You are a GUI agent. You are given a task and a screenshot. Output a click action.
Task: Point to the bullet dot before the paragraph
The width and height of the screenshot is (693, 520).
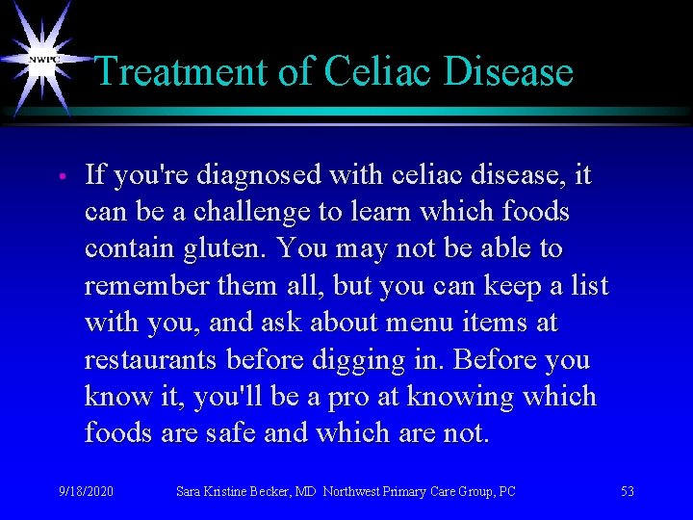(x=60, y=177)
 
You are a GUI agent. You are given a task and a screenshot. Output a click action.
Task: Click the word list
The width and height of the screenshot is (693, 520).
(x=589, y=285)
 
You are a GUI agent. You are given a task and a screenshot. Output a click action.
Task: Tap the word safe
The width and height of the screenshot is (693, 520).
(x=229, y=432)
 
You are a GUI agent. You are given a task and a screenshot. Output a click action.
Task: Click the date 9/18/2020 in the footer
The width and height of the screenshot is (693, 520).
(x=86, y=491)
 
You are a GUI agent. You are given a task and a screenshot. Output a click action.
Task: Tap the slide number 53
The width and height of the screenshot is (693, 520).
(x=628, y=491)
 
